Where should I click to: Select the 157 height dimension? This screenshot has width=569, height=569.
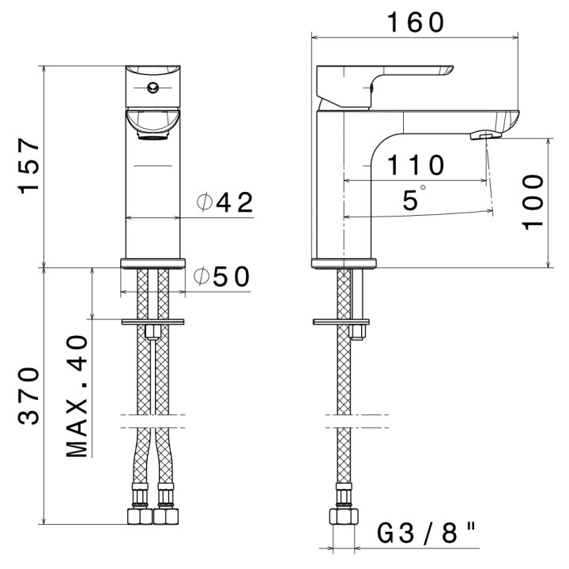pyautogui.click(x=30, y=166)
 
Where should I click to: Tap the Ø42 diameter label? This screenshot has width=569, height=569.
pyautogui.click(x=225, y=203)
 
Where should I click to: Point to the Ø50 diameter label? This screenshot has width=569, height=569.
pyautogui.click(x=222, y=277)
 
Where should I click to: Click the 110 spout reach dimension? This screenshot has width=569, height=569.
pyautogui.click(x=416, y=166)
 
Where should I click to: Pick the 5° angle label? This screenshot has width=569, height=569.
pyautogui.click(x=413, y=199)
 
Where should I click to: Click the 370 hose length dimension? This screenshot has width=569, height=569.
pyautogui.click(x=30, y=395)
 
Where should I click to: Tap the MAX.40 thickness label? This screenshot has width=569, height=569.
pyautogui.click(x=77, y=397)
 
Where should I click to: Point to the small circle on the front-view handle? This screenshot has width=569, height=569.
pyautogui.click(x=153, y=89)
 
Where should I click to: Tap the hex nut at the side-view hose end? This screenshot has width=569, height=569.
pyautogui.click(x=344, y=518)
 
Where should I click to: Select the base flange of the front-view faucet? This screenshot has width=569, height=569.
pyautogui.click(x=153, y=263)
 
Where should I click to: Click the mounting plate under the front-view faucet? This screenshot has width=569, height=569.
pyautogui.click(x=153, y=322)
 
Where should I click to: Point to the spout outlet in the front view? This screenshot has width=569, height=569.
pyautogui.click(x=153, y=135)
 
